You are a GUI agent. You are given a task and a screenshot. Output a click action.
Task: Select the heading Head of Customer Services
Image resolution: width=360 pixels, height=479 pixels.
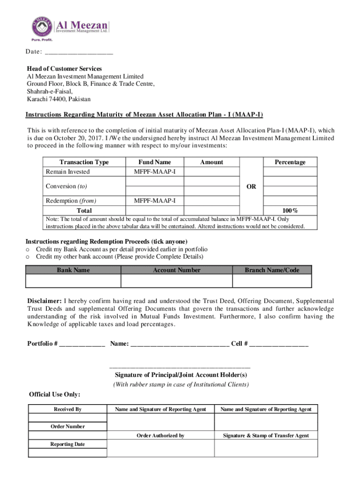pyautogui.click(x=64, y=69)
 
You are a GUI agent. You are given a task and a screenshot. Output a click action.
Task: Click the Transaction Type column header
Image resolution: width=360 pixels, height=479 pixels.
pyautogui.click(x=84, y=162)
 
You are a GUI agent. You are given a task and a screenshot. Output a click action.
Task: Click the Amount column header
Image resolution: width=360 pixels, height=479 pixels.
pyautogui.click(x=211, y=162)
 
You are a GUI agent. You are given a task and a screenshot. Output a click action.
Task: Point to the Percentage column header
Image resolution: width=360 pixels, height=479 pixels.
pyautogui.click(x=290, y=162)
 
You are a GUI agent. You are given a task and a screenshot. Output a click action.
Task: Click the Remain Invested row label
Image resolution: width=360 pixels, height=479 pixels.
pyautogui.click(x=68, y=172)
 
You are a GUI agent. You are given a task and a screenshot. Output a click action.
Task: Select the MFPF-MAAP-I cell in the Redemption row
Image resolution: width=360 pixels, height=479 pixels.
pyautogui.click(x=155, y=201)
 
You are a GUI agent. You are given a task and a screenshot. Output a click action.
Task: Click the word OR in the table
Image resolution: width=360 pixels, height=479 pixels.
pyautogui.click(x=251, y=187)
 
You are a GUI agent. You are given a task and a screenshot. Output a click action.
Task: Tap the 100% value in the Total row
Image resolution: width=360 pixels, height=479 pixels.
pyautogui.click(x=290, y=210)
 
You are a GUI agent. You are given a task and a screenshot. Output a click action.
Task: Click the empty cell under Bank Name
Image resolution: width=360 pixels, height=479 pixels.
pyautogui.click(x=73, y=281)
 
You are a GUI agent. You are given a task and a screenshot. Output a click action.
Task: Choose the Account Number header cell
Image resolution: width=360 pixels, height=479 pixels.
pyautogui.click(x=176, y=270)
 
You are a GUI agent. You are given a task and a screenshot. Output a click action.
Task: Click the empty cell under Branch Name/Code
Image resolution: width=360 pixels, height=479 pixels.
pyautogui.click(x=272, y=281)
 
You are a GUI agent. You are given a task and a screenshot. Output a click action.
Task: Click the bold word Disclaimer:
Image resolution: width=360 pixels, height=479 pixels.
pyautogui.click(x=44, y=301)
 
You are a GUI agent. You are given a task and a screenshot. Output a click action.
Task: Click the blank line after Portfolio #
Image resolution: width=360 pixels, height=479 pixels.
pyautogui.click(x=82, y=344)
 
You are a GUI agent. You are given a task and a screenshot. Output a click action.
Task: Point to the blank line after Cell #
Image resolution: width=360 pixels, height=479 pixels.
pyautogui.click(x=279, y=344)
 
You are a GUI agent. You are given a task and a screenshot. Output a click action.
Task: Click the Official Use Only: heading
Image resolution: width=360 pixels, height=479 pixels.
pyautogui.click(x=54, y=394)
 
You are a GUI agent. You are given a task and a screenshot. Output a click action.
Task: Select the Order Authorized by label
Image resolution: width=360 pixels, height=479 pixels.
pyautogui.click(x=160, y=435)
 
